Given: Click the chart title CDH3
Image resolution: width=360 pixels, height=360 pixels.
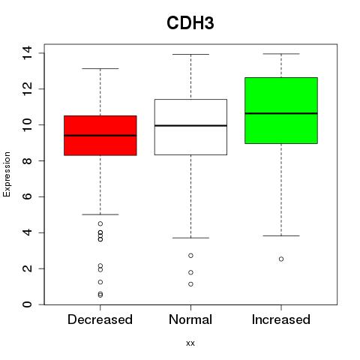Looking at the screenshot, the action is point(190,23).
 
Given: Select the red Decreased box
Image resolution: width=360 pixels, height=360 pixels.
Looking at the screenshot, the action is point(100,136).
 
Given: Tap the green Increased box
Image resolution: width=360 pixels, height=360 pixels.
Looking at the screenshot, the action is point(281,110).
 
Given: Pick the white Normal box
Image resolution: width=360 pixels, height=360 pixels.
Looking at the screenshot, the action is point(190,127).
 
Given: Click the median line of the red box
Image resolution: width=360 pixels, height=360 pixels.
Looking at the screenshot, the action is point(100,136).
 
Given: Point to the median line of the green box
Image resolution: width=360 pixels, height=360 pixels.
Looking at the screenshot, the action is point(281,113).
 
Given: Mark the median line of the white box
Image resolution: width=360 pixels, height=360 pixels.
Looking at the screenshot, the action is point(190,125).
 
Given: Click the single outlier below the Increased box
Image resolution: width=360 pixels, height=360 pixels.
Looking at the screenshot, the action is point(281,259).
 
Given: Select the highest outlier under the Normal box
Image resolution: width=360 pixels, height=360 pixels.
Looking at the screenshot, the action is point(190,256).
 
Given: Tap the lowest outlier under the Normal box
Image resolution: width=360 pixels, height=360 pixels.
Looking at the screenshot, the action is point(190,284).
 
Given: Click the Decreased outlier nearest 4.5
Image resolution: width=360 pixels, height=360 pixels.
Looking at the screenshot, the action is point(100,223).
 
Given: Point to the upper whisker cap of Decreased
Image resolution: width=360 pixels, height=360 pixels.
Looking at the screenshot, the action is point(100,68).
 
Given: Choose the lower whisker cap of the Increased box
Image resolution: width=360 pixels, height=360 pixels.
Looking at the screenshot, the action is point(281,235).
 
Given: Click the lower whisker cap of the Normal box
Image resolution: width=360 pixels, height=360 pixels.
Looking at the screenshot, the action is point(190,238).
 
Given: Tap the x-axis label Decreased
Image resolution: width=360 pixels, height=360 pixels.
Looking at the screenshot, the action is point(100,319).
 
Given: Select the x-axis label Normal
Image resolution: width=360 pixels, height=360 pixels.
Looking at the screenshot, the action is point(190,319).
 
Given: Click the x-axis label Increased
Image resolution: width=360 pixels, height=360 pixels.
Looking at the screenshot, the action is point(281,319).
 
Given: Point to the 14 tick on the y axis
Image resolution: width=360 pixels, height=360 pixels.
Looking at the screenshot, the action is point(27,53).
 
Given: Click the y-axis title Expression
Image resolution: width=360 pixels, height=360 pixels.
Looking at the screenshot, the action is point(7,174).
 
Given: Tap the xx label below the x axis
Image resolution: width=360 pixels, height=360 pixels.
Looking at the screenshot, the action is point(190,343).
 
